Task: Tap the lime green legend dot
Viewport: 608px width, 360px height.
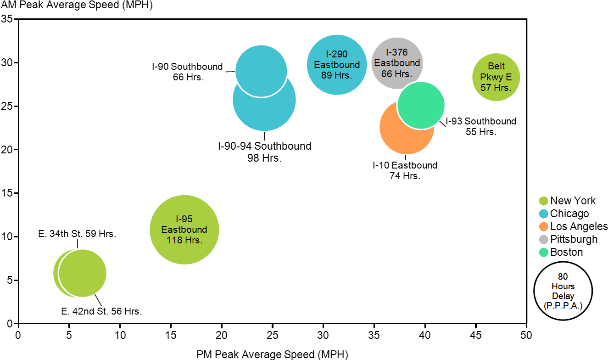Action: [x=544, y=201]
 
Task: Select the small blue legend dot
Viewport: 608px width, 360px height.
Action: [x=544, y=214]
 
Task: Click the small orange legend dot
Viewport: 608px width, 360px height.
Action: [x=544, y=226]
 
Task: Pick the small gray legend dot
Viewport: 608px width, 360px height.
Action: [x=544, y=239]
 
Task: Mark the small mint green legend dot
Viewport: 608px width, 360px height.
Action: [x=544, y=252]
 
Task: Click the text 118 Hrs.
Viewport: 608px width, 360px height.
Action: [x=184, y=240]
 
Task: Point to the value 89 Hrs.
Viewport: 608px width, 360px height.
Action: [x=337, y=75]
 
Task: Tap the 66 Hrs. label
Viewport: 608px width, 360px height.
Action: [x=396, y=73]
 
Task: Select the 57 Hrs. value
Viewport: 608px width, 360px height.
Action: [x=496, y=87]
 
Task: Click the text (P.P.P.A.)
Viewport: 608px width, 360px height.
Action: [x=563, y=305]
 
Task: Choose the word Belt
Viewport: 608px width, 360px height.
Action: [x=496, y=66]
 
